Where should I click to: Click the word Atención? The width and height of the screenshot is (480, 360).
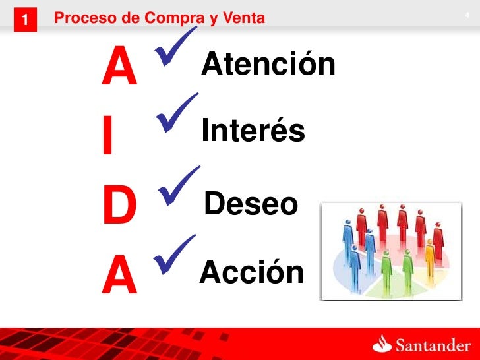(268, 65)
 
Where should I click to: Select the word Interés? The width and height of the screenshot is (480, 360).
(253, 131)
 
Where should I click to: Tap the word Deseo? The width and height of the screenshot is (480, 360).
(251, 204)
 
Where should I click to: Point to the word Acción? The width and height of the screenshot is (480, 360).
(252, 272)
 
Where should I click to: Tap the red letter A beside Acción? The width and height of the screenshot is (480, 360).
(119, 278)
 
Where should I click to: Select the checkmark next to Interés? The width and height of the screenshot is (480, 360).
(177, 114)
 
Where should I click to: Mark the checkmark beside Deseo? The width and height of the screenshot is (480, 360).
(179, 185)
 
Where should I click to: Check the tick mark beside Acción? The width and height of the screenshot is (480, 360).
(175, 255)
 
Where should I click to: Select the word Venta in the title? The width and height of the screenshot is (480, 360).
(244, 18)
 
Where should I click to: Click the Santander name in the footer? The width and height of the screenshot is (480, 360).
(432, 345)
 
